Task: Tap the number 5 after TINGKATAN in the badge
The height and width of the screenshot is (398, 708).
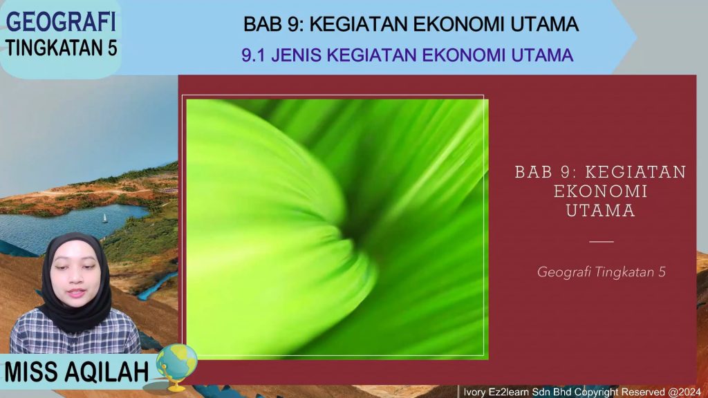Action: [x=111, y=48]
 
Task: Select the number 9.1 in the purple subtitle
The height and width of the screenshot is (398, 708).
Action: [x=254, y=55]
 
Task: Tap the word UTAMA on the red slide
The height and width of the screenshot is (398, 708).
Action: [x=600, y=211]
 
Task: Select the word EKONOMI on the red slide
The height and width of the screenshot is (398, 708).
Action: [x=600, y=191]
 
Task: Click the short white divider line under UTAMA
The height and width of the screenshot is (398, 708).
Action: [x=601, y=242]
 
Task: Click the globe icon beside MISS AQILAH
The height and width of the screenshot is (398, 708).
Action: [x=177, y=363]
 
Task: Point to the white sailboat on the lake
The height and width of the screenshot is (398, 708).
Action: [x=105, y=217]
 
